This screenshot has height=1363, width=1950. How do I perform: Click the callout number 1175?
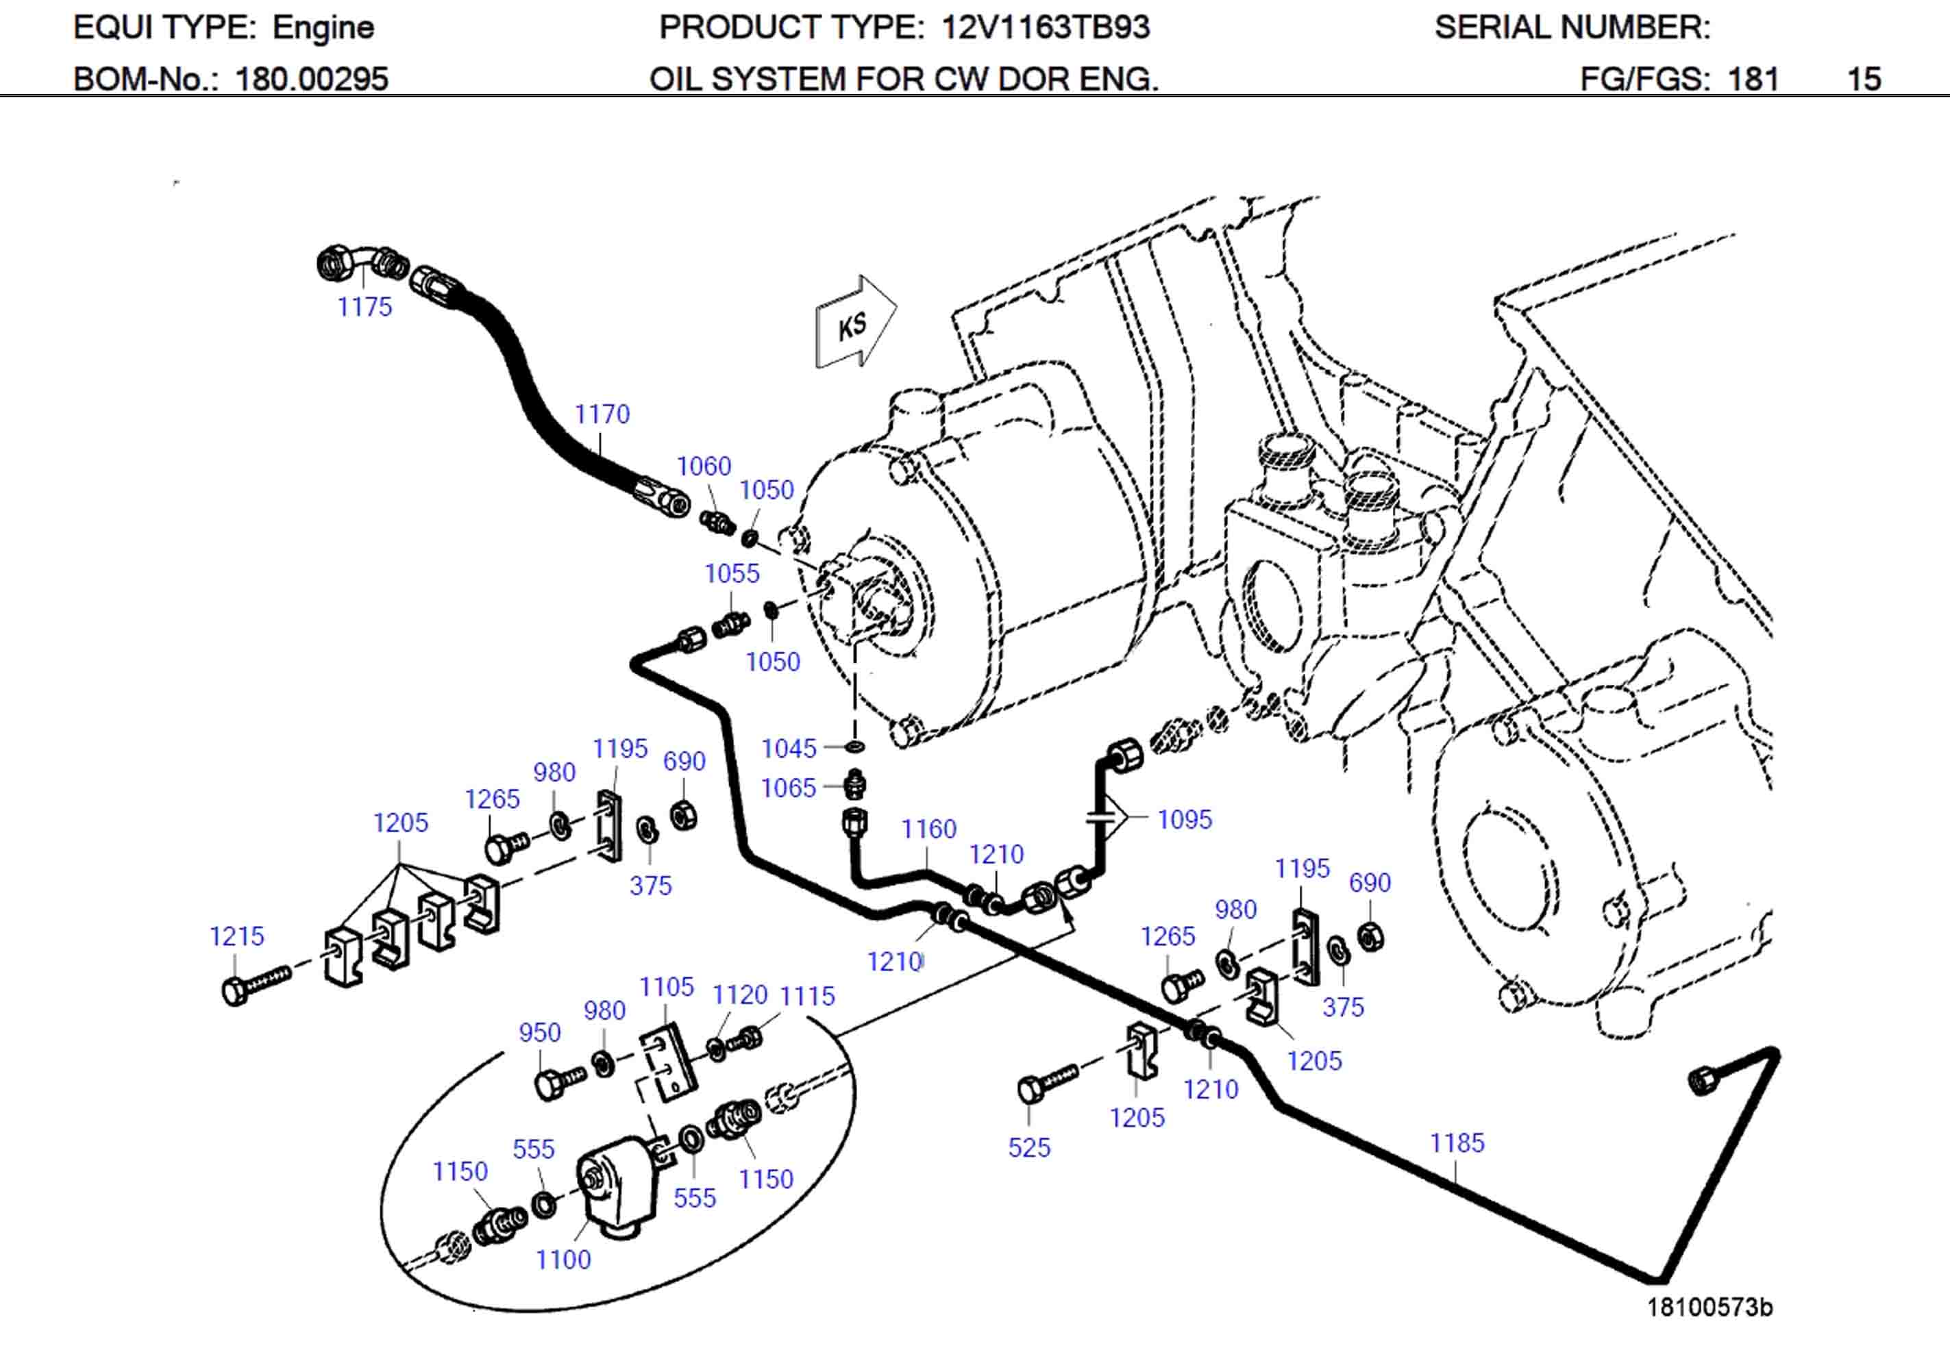(365, 307)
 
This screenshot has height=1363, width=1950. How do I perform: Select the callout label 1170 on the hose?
(602, 414)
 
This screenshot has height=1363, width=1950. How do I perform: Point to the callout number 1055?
(731, 573)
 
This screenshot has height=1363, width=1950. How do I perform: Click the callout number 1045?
(788, 748)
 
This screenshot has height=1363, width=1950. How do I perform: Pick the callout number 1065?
(788, 788)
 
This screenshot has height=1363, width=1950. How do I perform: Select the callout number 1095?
(1184, 819)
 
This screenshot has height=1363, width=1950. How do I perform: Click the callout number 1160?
(928, 829)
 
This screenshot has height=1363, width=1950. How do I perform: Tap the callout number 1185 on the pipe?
(1457, 1143)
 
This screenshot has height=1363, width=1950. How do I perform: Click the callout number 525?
(1028, 1148)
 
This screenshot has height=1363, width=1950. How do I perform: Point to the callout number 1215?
(237, 937)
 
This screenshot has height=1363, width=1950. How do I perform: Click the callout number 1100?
(563, 1260)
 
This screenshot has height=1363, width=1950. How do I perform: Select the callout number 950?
(539, 1033)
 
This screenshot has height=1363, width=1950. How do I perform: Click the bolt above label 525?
(1045, 1083)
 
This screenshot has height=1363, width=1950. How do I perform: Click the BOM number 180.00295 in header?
(312, 79)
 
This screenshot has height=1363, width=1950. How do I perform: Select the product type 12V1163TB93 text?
(1046, 28)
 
